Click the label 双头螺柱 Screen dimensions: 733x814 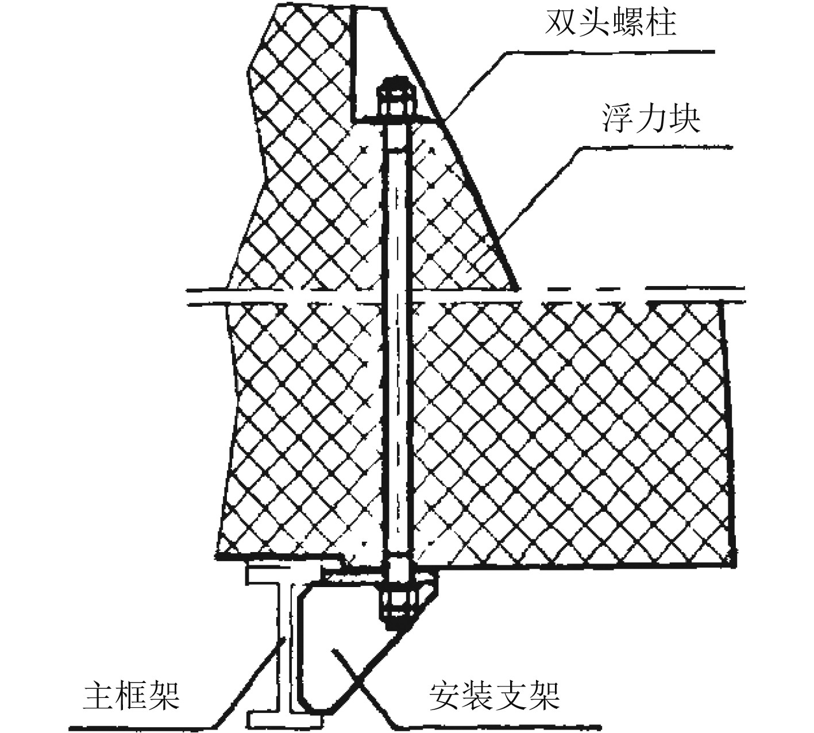(610, 24)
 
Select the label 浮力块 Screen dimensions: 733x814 (651, 119)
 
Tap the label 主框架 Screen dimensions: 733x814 (132, 696)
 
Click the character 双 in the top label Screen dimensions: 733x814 (561, 24)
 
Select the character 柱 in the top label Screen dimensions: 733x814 (659, 24)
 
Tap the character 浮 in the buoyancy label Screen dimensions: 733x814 (618, 119)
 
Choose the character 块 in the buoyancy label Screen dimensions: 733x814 (684, 119)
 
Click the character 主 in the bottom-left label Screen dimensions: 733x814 (99, 696)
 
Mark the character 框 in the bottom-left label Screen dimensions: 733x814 (132, 696)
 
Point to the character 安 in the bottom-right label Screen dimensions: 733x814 (445, 696)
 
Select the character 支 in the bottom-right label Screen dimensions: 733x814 (511, 696)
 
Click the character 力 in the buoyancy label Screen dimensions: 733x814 (651, 119)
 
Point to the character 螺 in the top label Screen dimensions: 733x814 (627, 24)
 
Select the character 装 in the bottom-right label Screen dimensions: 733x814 (478, 696)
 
